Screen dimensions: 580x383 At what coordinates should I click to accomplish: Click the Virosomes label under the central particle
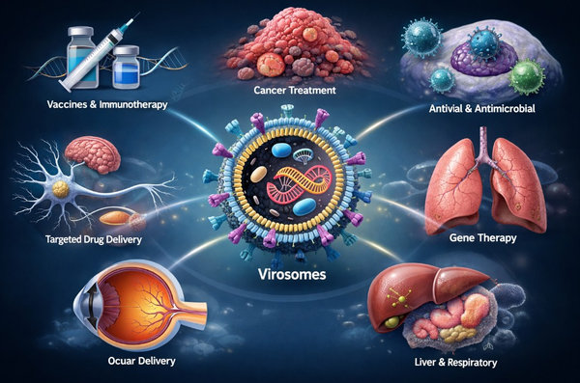coord(292,274)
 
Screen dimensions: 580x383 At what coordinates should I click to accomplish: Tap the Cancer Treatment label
coord(295,90)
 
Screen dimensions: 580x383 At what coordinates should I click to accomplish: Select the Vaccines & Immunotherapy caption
coord(107,104)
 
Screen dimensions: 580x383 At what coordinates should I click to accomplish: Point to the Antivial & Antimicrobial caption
coord(482,109)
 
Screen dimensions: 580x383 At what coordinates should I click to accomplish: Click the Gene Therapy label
coord(482,238)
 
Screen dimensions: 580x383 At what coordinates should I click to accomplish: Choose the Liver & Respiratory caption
coord(455,363)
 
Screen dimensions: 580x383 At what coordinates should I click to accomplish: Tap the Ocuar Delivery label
coord(142,361)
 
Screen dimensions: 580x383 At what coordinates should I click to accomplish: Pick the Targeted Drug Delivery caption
coord(94,239)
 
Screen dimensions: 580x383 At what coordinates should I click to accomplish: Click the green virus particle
coord(527,76)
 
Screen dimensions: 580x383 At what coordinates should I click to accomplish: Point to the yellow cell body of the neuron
coord(61,189)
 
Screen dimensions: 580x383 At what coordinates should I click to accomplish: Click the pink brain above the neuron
coord(93,153)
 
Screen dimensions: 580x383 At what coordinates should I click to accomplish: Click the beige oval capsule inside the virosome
coord(258,175)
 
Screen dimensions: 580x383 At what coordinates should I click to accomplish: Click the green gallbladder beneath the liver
coord(391,323)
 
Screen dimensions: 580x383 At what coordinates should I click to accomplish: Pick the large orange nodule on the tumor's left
coord(271,65)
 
